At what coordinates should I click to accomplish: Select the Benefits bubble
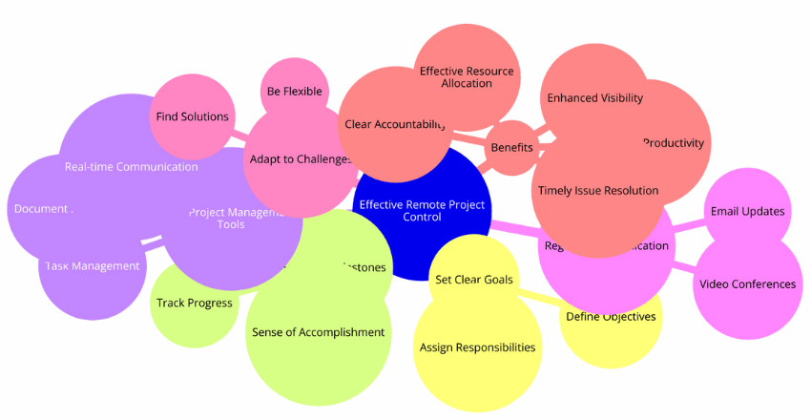coord(510,148)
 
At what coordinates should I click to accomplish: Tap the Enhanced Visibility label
coord(594,97)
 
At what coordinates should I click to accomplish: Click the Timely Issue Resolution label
coord(597,190)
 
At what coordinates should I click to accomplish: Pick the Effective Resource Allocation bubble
coord(467,77)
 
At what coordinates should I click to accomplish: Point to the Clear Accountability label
coord(394,124)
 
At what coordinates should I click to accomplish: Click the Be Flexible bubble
coord(295,92)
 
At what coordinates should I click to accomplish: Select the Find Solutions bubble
coord(192,116)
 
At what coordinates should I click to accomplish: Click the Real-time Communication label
coord(132,166)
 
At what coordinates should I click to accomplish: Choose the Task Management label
coord(94,265)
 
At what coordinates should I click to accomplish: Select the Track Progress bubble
coord(194,304)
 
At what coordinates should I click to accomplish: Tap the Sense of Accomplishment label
coord(318,332)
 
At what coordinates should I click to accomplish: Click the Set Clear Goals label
coord(474,280)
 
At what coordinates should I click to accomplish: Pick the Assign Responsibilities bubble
coord(477,347)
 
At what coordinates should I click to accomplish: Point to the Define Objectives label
coord(612,317)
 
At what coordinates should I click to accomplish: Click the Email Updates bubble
coord(748,211)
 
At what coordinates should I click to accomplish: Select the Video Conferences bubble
coord(747,283)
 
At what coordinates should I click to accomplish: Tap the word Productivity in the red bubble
coord(674,143)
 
